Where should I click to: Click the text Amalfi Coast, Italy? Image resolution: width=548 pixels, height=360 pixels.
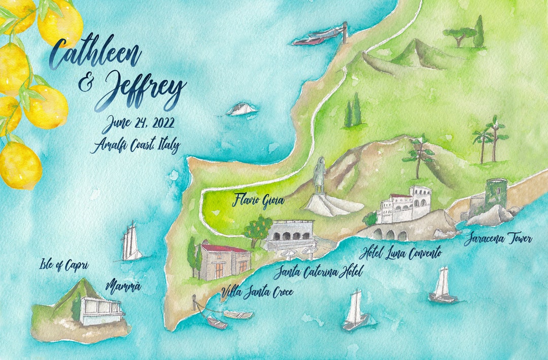(x=135, y=146)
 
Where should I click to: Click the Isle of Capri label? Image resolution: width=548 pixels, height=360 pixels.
(x=64, y=265)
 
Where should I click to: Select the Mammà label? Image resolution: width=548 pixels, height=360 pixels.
(x=123, y=287)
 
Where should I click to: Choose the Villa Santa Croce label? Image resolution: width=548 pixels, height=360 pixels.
(x=257, y=292)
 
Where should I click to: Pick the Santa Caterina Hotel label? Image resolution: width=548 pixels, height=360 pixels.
(x=319, y=273)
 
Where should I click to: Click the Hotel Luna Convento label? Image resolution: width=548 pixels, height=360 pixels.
(x=400, y=252)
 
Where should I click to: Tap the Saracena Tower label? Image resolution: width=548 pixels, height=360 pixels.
(x=497, y=238)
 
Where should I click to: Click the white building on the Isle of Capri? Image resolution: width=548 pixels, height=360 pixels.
(x=100, y=311)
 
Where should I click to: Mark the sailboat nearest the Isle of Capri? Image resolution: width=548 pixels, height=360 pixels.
(x=131, y=242)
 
